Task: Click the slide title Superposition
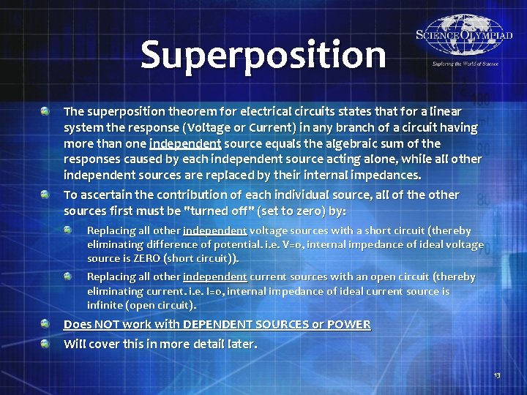click(x=263, y=56)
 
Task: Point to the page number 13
click(x=497, y=375)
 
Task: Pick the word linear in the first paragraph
click(x=445, y=112)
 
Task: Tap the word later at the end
click(x=242, y=344)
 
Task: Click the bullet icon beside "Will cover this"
click(x=45, y=343)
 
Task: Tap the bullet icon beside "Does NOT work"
click(x=45, y=323)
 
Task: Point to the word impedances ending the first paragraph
click(x=384, y=176)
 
